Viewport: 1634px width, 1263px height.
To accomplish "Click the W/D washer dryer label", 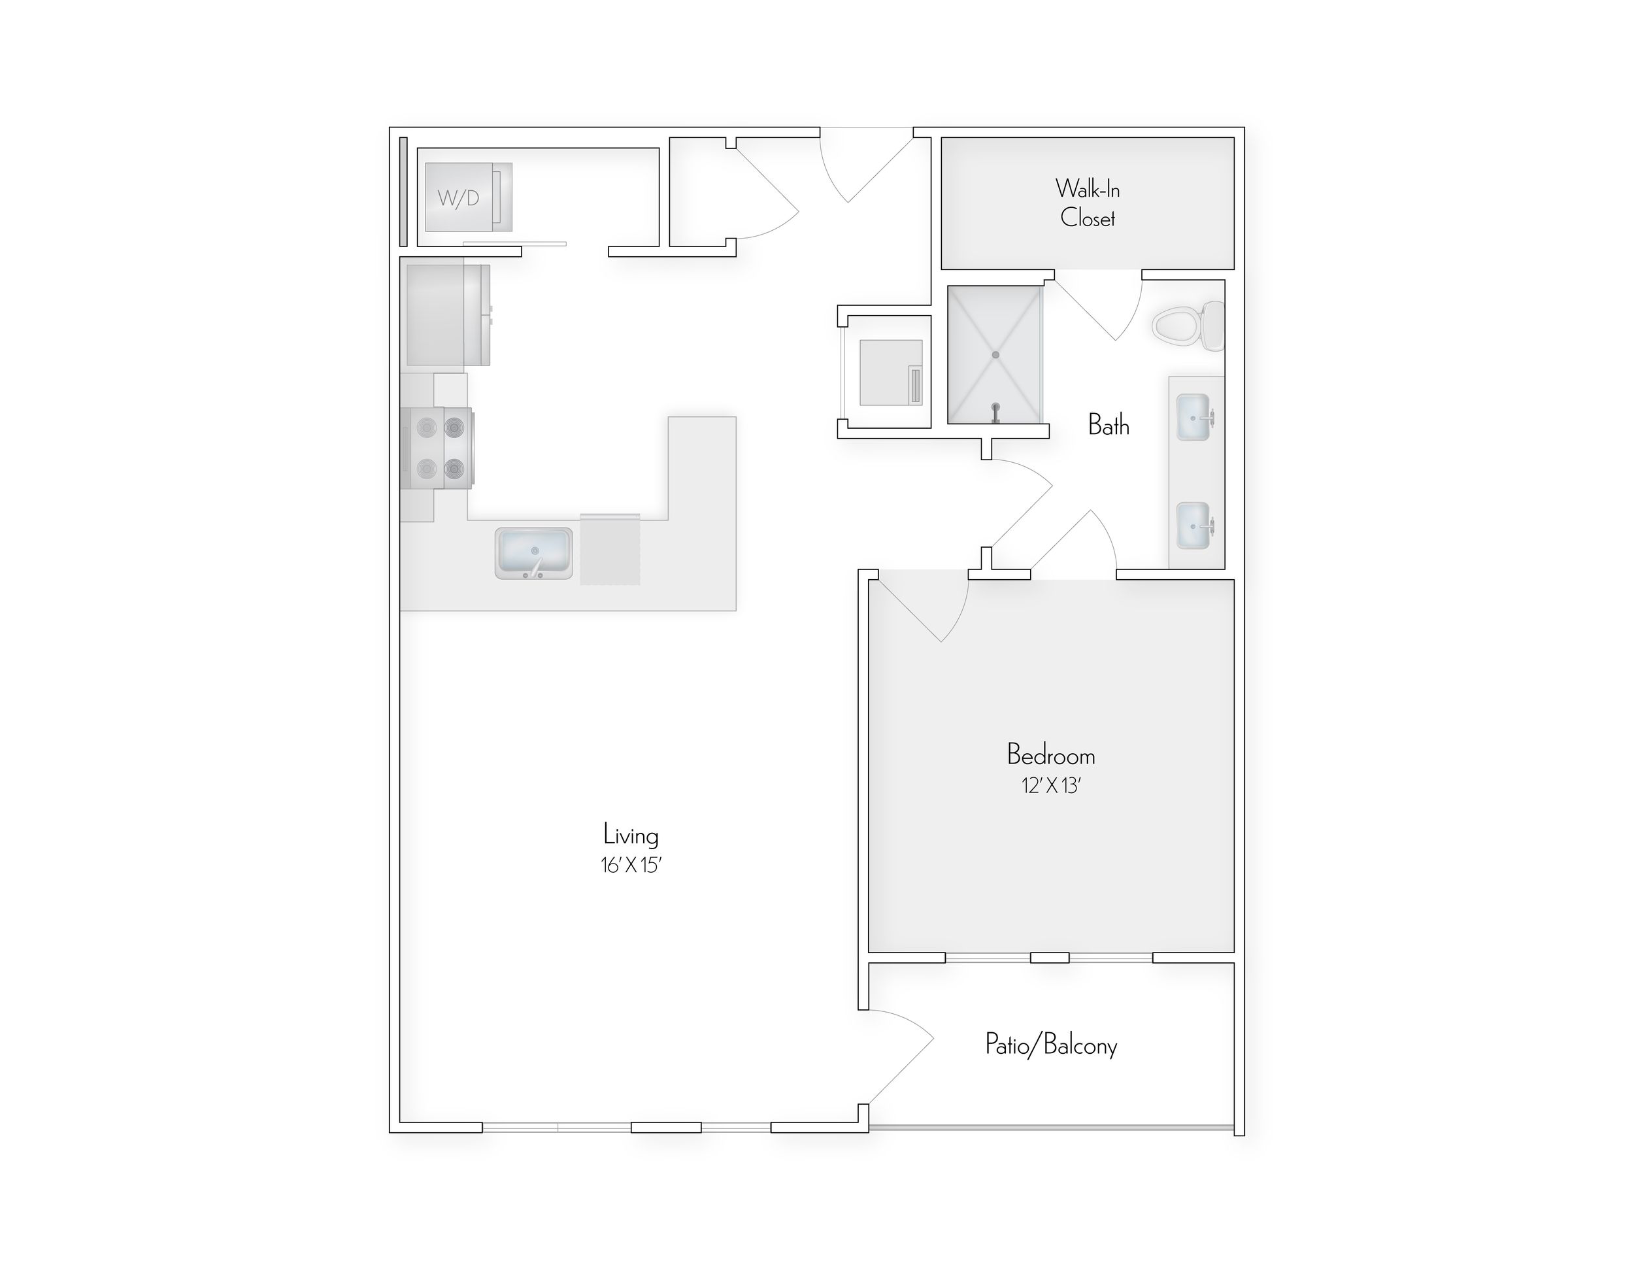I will [458, 198].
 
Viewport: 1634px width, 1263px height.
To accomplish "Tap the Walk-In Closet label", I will [1087, 203].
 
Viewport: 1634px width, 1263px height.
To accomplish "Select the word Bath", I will [1108, 425].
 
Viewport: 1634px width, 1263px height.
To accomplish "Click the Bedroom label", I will [1050, 755].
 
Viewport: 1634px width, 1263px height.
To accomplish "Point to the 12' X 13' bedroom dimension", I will [1051, 786].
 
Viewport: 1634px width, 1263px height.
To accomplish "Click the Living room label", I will [631, 835].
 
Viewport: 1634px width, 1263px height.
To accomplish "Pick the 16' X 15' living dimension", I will [631, 866].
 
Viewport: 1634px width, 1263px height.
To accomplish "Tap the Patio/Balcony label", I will [1050, 1045].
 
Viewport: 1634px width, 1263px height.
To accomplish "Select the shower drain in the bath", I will [995, 355].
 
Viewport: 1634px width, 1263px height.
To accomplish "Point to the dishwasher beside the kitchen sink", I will [610, 549].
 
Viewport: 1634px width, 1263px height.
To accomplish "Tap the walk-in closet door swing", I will [1103, 307].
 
